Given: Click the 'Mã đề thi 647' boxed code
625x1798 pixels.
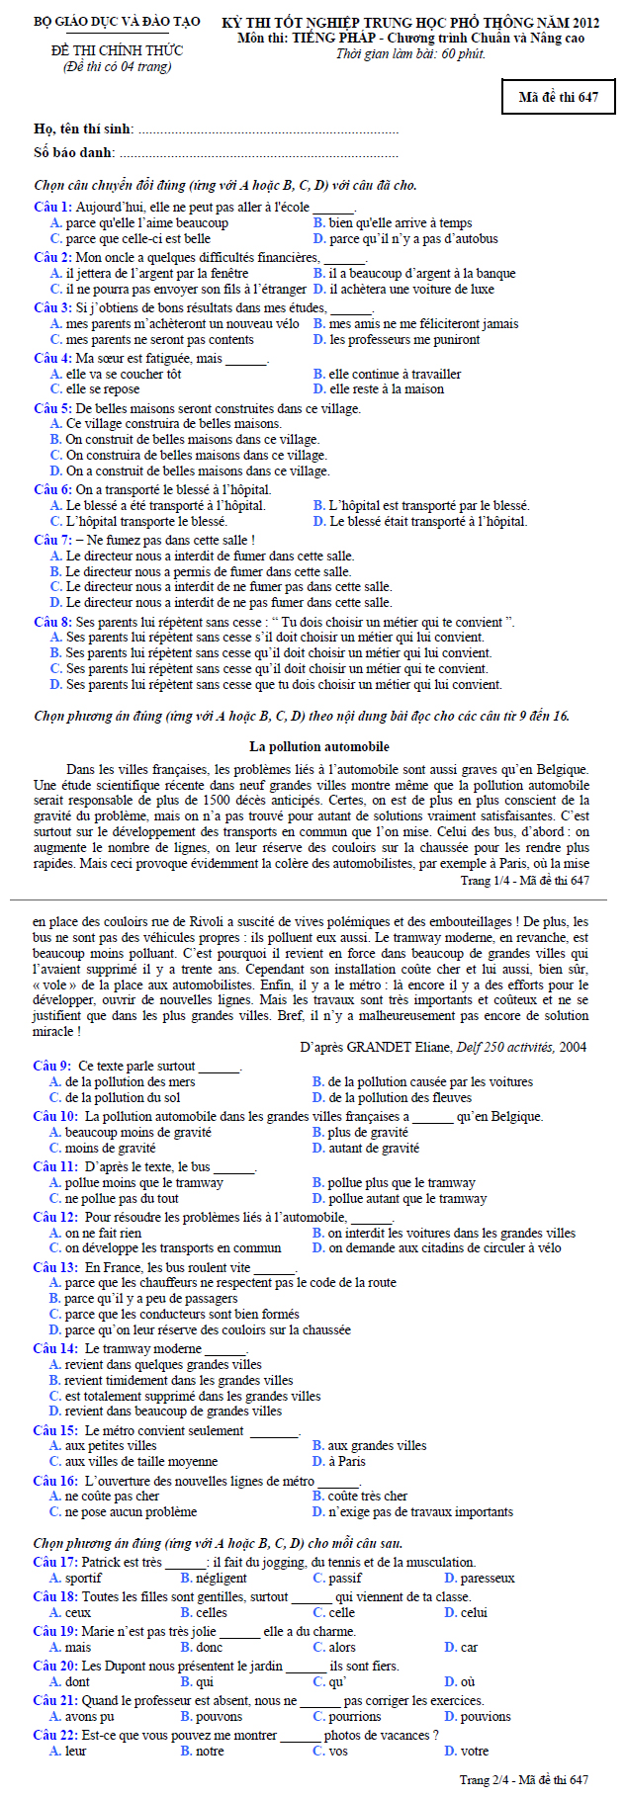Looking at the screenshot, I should pos(559,97).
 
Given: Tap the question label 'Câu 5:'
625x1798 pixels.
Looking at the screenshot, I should pos(52,408).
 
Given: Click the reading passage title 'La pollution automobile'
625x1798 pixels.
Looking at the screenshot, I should pos(319,746).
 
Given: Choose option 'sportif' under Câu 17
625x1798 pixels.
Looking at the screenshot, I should pos(83,1579).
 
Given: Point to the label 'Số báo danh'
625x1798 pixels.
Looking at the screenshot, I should pos(73,152).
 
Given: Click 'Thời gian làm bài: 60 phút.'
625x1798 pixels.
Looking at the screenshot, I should pos(410,53).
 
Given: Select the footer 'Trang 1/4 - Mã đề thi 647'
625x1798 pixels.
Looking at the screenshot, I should pos(524,880).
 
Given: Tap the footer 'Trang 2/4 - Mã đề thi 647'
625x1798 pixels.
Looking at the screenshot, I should pos(524,1779).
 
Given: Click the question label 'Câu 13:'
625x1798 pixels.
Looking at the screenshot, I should pos(55,1267).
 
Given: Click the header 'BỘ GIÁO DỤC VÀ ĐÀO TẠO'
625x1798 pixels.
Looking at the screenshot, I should pos(117,21).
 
